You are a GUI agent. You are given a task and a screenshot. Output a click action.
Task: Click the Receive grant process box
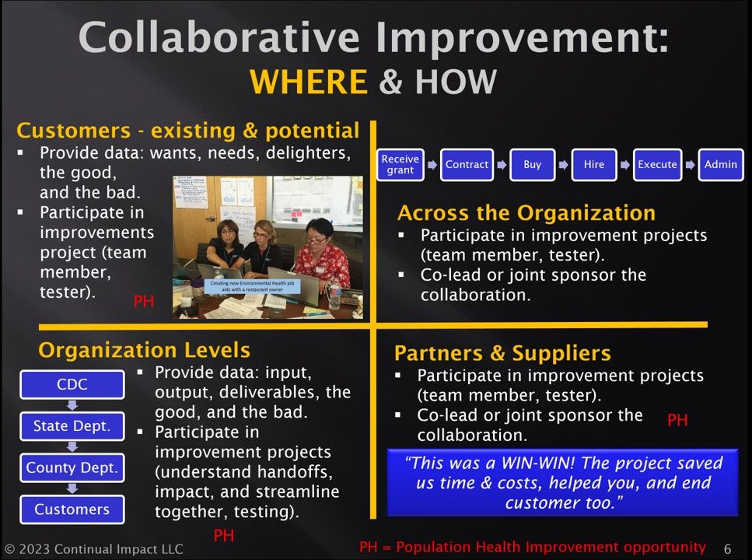(400, 165)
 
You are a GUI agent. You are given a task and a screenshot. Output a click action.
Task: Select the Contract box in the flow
(467, 165)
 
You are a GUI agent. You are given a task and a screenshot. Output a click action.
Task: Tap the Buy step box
(532, 165)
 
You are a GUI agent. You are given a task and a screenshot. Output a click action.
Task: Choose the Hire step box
(593, 165)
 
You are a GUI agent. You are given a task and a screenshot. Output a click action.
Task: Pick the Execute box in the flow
(657, 165)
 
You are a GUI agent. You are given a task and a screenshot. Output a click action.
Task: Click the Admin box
(720, 165)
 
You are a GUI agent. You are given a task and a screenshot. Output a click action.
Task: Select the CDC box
(72, 385)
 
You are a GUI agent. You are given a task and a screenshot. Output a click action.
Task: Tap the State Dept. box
(72, 426)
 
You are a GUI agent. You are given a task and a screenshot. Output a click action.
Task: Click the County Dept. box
(72, 467)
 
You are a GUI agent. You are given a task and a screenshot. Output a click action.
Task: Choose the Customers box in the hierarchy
(72, 509)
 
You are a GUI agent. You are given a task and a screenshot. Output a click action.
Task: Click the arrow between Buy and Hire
(563, 165)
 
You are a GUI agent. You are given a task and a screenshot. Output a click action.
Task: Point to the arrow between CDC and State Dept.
(72, 405)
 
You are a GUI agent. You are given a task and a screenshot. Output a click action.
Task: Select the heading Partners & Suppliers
(502, 353)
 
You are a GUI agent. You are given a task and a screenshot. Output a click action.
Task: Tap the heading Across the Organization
(526, 213)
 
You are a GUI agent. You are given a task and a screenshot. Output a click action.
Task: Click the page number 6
(727, 548)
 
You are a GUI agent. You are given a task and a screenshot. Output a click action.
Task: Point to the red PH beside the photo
(144, 302)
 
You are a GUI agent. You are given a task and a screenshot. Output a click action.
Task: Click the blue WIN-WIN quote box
(562, 482)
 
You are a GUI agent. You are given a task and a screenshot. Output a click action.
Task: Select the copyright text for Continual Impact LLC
(93, 549)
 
